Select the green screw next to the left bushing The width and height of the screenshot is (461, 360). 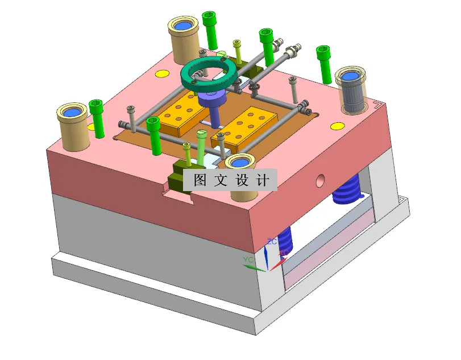[97, 118]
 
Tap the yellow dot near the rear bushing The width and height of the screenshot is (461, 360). [162, 73]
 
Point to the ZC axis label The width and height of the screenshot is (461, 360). [272, 242]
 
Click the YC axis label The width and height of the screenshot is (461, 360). [248, 259]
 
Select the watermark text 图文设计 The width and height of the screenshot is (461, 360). [230, 180]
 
